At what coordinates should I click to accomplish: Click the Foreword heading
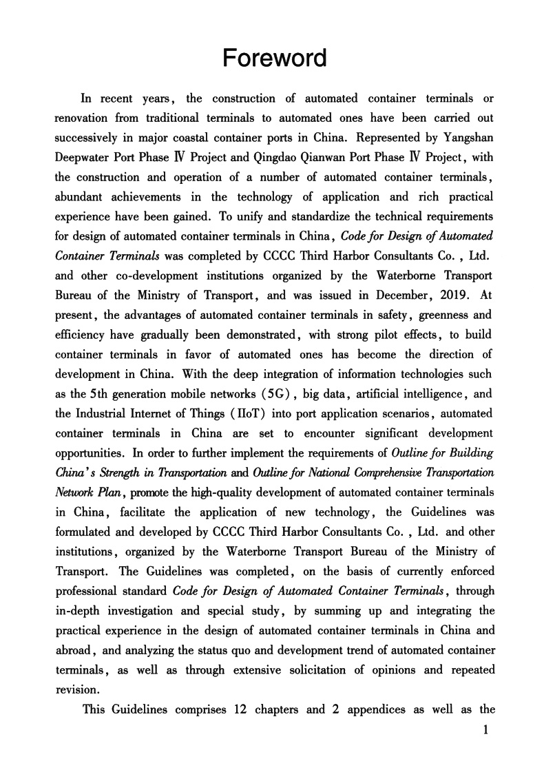coord(275,58)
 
